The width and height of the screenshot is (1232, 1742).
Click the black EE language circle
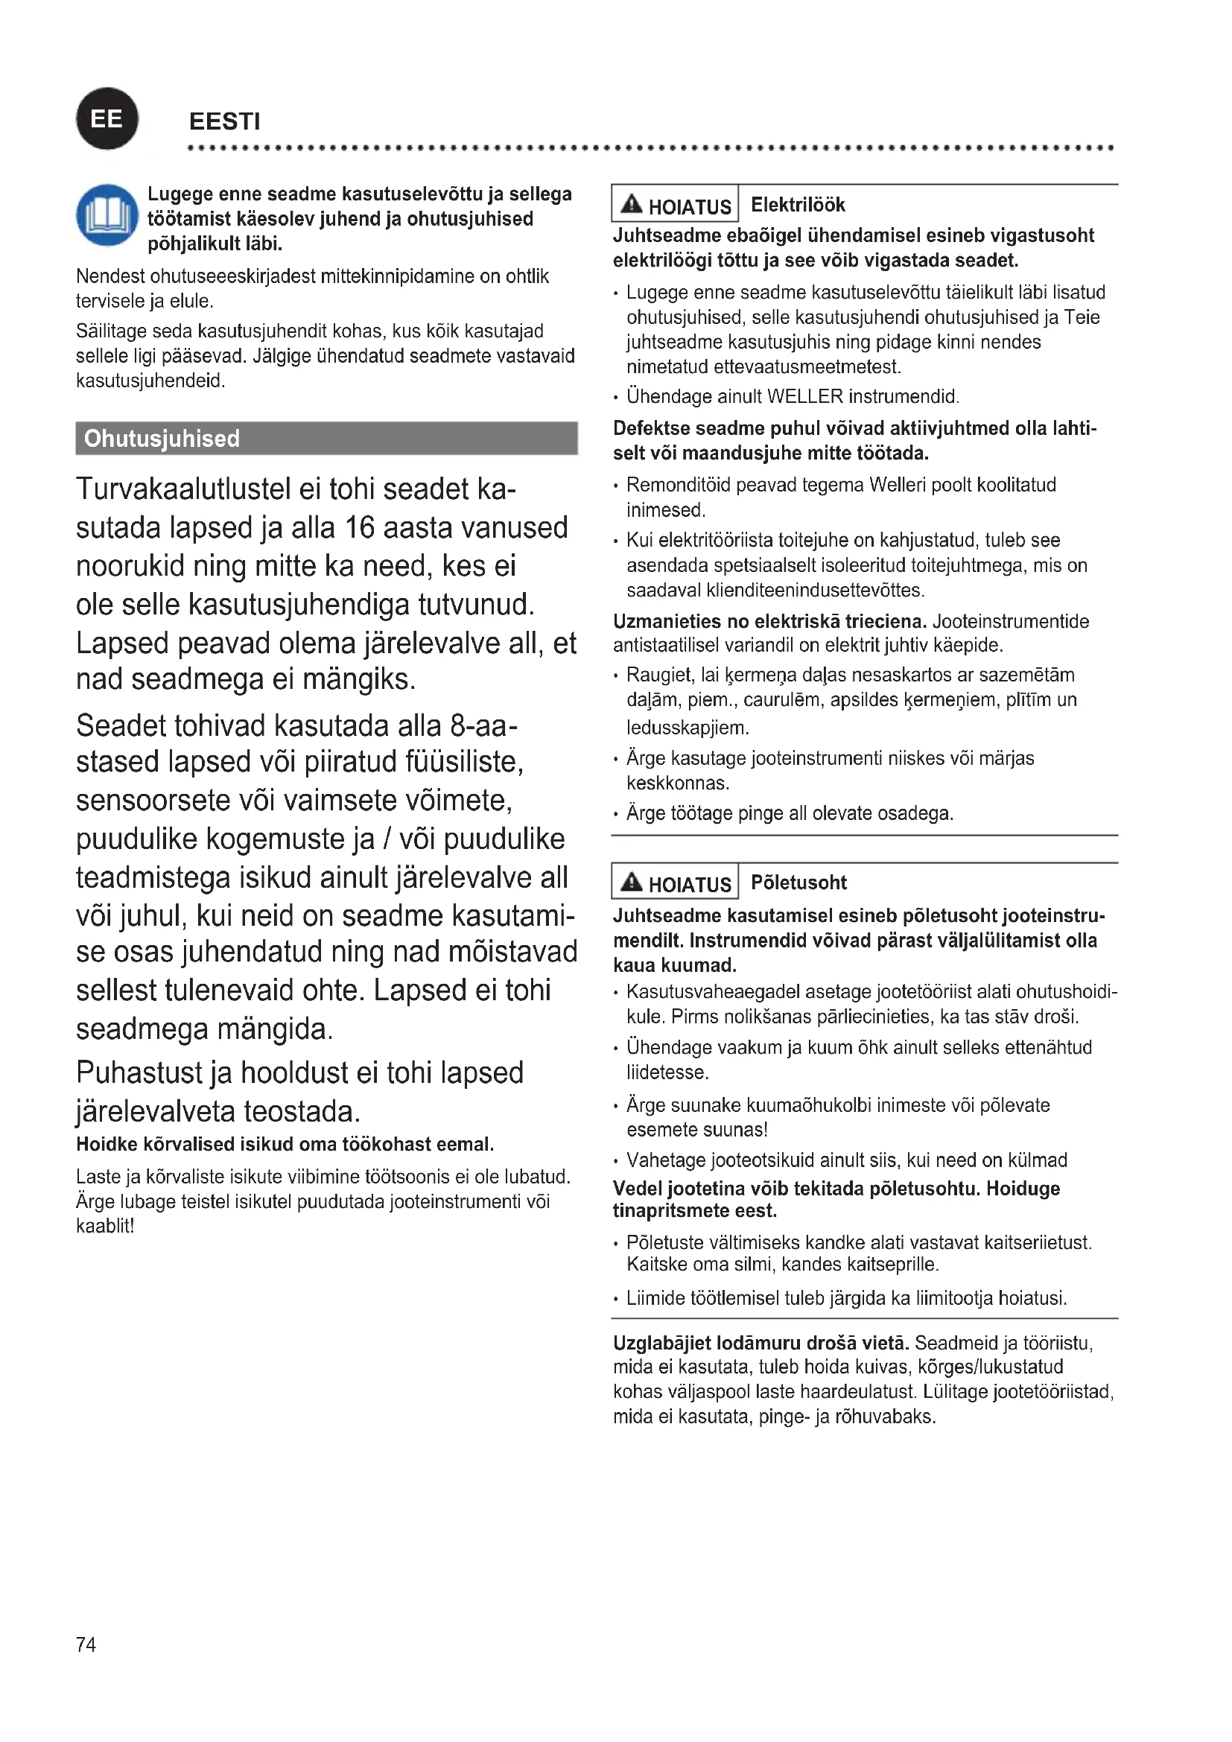click(x=107, y=119)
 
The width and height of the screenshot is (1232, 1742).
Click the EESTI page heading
click(x=224, y=121)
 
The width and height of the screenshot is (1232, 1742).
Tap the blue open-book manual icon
click(x=107, y=214)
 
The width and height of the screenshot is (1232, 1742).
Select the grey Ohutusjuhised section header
click(x=326, y=439)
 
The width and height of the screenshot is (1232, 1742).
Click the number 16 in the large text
click(x=360, y=528)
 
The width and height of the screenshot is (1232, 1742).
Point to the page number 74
click(x=86, y=1645)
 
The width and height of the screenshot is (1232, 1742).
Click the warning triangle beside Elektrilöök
click(x=631, y=204)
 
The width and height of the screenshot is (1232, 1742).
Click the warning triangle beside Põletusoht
click(x=631, y=882)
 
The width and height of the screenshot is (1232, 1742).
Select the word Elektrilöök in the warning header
click(x=797, y=205)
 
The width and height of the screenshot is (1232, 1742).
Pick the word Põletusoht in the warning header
click(x=798, y=883)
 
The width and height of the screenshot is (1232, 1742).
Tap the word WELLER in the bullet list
click(x=805, y=397)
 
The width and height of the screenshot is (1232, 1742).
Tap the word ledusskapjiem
click(x=688, y=728)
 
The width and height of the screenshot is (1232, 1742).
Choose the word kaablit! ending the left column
click(x=106, y=1226)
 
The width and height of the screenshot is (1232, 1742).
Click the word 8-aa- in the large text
click(x=484, y=726)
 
